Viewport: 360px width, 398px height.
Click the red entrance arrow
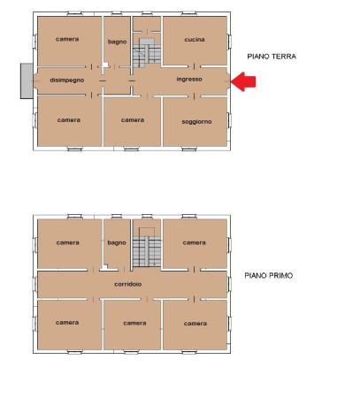pos(243,81)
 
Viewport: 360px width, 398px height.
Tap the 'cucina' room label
pos(195,40)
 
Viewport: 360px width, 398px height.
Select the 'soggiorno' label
pos(196,122)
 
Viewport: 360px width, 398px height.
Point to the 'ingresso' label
pos(189,79)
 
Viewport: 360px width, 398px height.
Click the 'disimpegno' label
pos(67,80)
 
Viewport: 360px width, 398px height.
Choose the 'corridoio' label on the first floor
pos(128,284)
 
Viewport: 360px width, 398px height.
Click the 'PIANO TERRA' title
pos(272,57)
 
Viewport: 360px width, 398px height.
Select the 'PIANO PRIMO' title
pos(269,275)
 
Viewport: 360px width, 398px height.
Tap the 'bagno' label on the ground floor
pos(117,42)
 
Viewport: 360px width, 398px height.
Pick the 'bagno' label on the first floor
pos(117,242)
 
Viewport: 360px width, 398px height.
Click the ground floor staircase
pos(147,53)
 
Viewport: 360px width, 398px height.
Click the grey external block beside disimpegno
pos(27,80)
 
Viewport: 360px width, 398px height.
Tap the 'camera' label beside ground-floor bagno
pos(67,39)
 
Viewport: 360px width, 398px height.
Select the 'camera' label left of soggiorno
pos(133,120)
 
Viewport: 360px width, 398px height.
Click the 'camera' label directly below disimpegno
pos(69,120)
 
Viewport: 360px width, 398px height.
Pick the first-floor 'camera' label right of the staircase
pos(194,242)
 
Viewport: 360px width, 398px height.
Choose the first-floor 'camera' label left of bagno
pos(67,242)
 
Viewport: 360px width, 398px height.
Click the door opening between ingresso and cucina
pos(194,66)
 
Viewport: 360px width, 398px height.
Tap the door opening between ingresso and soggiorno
pos(194,96)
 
